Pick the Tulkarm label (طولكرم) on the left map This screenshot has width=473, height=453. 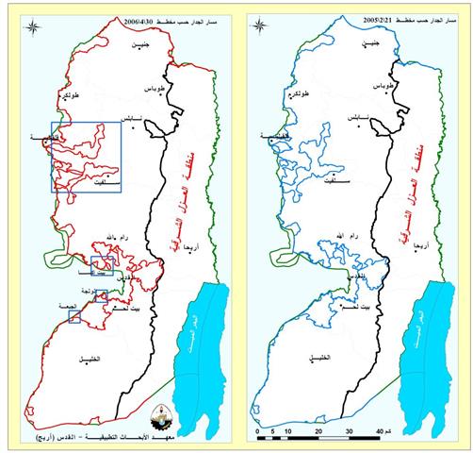pyautogui.click(x=70, y=97)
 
